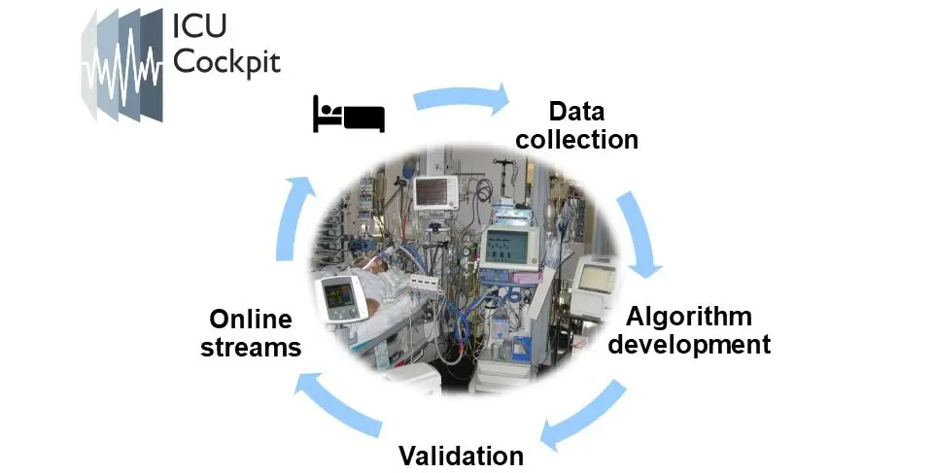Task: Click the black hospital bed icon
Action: click(x=349, y=114)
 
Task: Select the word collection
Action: click(x=576, y=140)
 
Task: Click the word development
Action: click(x=689, y=345)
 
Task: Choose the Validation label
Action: click(x=461, y=456)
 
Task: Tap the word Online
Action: click(x=251, y=320)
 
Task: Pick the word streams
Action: click(x=251, y=348)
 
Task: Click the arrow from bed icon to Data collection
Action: click(x=461, y=97)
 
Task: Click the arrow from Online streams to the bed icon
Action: click(x=291, y=218)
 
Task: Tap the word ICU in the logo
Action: click(x=199, y=26)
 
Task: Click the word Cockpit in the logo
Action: click(x=226, y=62)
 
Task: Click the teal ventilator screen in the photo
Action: click(x=505, y=248)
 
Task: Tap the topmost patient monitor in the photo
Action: click(x=435, y=192)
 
